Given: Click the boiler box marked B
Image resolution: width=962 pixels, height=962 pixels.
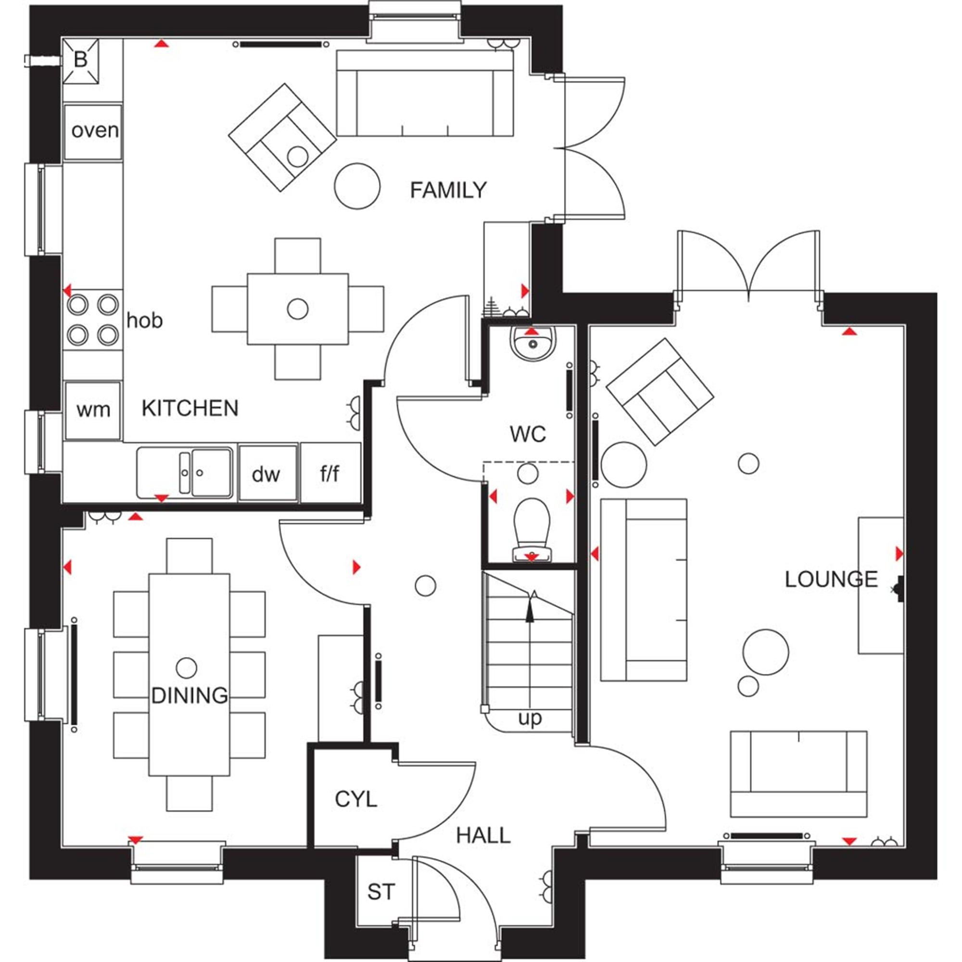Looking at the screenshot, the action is coord(80,61).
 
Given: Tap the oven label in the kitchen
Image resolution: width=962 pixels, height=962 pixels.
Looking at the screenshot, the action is coord(95,131).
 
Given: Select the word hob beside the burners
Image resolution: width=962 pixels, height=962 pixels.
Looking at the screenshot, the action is coord(144,320).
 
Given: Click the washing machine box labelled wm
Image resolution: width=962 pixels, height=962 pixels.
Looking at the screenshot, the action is coord(93,411).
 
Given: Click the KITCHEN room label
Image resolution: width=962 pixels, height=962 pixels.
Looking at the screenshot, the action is coord(190,408).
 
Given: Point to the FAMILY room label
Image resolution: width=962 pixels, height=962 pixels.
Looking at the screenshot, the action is coord(448,190).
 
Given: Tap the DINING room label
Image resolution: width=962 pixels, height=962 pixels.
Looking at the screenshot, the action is coord(189,696).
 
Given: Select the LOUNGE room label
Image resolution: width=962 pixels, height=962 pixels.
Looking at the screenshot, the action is coord(831,579).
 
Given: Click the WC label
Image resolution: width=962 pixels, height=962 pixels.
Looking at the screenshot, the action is coord(528,435).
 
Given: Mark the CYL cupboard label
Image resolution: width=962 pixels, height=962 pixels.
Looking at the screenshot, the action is coord(356,799).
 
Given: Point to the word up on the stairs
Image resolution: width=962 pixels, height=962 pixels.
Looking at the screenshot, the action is coord(530,719).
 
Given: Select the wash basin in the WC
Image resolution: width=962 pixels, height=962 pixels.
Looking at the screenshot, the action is coord(533,343).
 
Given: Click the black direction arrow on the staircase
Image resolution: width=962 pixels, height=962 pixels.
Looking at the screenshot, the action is coord(530,606).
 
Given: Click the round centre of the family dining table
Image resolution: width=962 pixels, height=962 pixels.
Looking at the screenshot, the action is coord(298,309).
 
